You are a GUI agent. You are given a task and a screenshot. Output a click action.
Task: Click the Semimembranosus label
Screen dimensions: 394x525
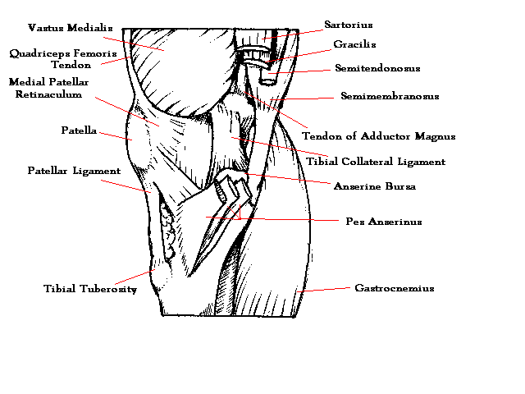(390, 97)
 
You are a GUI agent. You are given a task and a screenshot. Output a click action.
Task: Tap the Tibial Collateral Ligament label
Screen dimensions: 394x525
(384, 163)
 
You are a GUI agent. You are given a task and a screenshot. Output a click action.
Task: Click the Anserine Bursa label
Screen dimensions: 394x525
(375, 186)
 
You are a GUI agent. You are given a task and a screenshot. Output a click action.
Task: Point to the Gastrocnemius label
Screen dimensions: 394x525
(394, 289)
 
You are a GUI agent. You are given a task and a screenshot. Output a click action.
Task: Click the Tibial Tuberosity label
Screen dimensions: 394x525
(90, 289)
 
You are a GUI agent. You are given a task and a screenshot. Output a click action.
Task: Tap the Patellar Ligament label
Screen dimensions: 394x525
(74, 172)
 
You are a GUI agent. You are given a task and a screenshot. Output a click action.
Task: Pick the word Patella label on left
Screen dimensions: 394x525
(79, 131)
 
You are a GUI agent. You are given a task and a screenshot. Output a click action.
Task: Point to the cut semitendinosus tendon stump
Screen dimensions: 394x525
(267, 76)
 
